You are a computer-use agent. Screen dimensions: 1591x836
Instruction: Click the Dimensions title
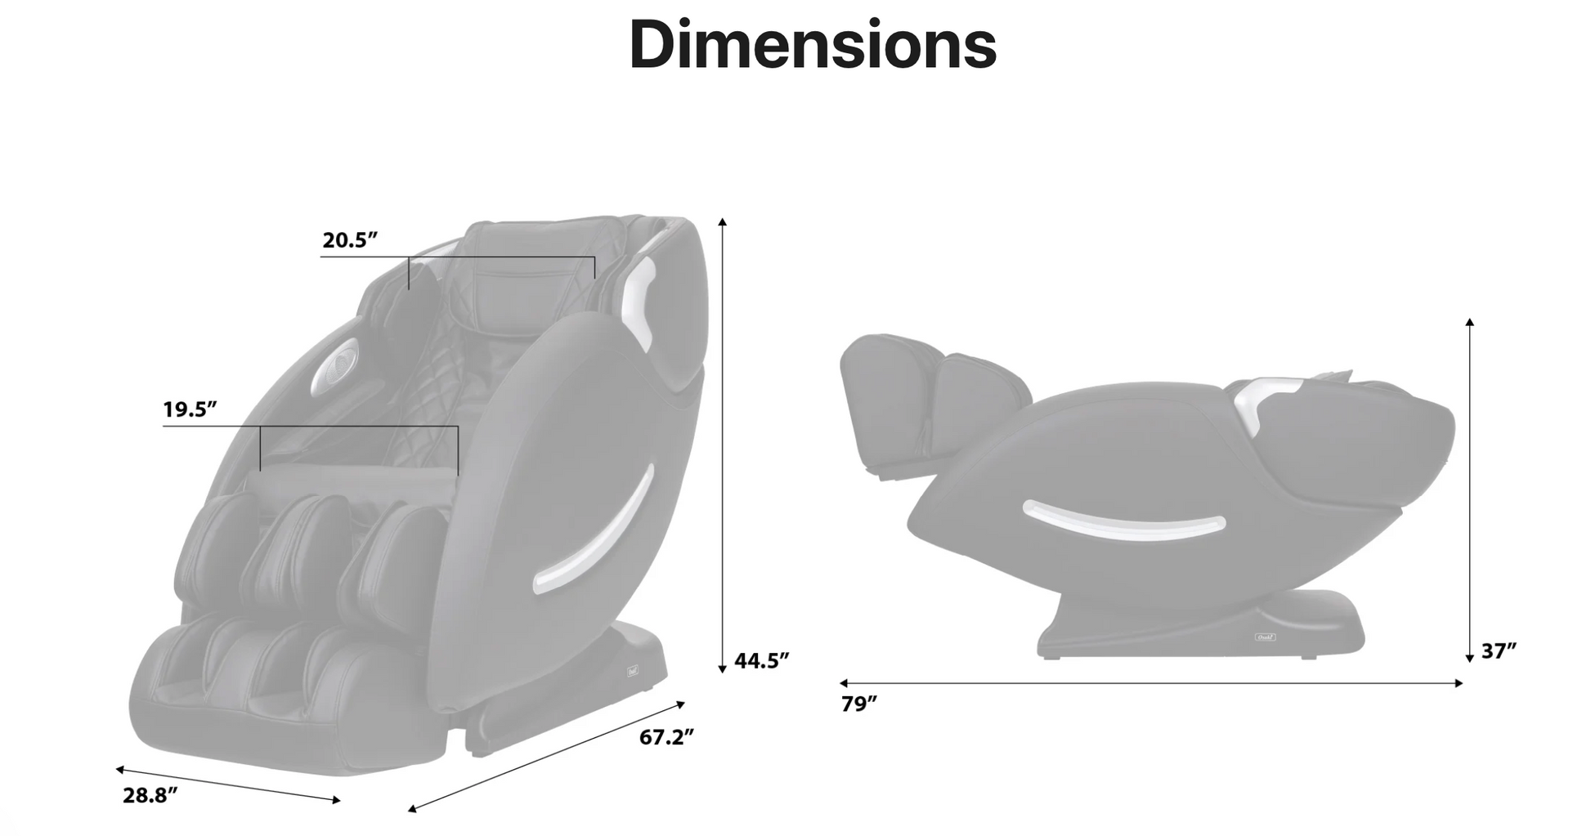(x=813, y=44)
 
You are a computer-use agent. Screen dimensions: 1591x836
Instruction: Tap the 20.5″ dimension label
(x=350, y=240)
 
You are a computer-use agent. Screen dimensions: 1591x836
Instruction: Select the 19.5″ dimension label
(x=190, y=409)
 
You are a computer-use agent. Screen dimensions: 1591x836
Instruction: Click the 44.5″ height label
(x=762, y=660)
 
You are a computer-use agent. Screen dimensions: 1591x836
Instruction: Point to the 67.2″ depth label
(x=666, y=737)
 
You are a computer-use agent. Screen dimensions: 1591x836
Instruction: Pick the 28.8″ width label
(x=150, y=795)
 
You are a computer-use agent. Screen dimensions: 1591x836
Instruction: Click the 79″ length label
(x=859, y=704)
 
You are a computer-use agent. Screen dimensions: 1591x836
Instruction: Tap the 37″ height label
(x=1499, y=650)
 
